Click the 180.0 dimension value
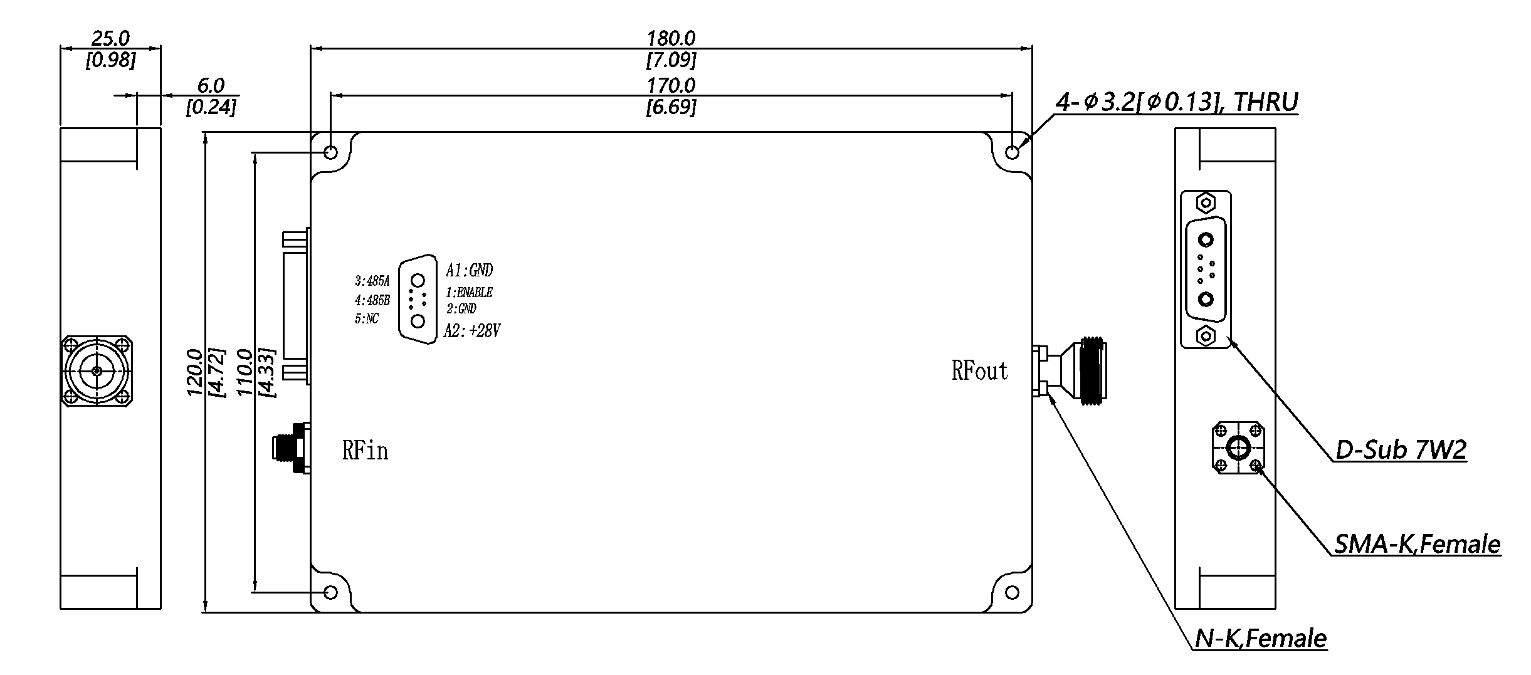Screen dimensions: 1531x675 (671, 39)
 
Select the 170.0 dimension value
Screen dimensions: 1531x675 (671, 85)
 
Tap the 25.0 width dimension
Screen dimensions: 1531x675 (110, 39)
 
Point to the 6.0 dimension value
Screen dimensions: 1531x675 (211, 85)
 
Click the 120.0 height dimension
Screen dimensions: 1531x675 (194, 372)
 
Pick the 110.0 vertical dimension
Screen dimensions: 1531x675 (245, 372)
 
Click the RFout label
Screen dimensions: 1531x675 (979, 371)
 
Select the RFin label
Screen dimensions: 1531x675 (365, 450)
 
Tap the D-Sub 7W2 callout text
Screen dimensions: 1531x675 (1401, 449)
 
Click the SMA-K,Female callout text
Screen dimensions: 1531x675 (1417, 543)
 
